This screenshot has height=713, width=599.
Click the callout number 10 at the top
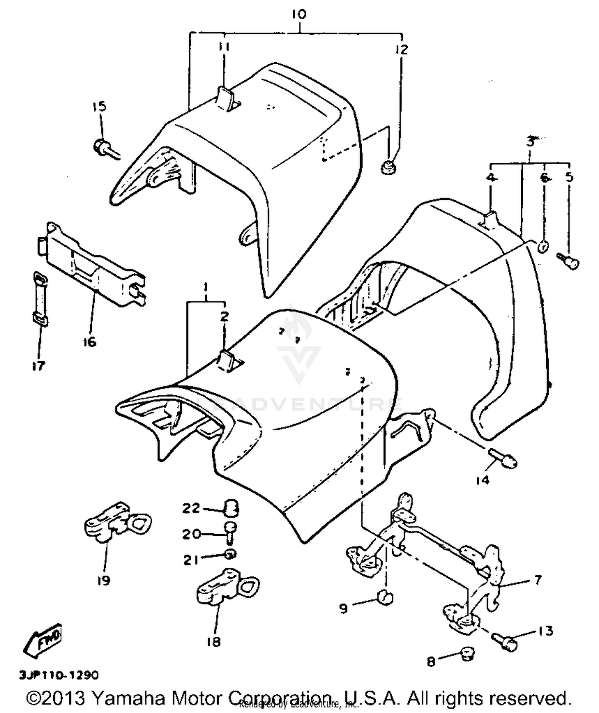click(x=299, y=14)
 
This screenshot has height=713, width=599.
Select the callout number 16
click(x=90, y=342)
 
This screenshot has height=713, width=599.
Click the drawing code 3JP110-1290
click(x=59, y=675)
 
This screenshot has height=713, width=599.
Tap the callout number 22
click(x=191, y=509)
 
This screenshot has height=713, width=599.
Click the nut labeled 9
click(x=385, y=598)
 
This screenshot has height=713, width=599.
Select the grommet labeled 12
click(x=386, y=167)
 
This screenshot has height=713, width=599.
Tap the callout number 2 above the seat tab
click(x=224, y=317)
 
